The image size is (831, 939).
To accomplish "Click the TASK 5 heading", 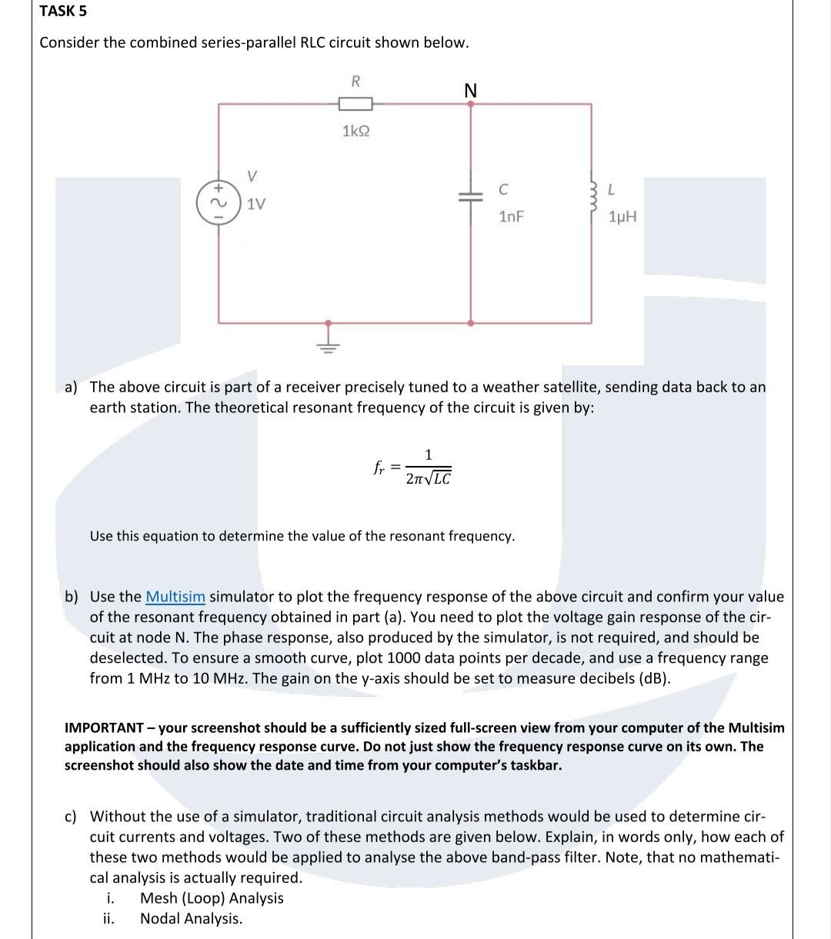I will pyautogui.click(x=63, y=11).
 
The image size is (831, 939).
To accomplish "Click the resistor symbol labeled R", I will pyautogui.click(x=355, y=104).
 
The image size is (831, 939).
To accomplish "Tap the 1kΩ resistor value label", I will pyautogui.click(x=355, y=132).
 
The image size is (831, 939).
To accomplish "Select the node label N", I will pyautogui.click(x=471, y=91).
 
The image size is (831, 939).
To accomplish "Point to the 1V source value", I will pyautogui.click(x=256, y=205).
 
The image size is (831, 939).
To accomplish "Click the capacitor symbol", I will pyautogui.click(x=471, y=197).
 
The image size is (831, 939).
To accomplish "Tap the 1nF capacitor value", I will pyautogui.click(x=511, y=217).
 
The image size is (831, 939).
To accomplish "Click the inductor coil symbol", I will pyautogui.click(x=592, y=199).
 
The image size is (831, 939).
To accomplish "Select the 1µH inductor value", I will pyautogui.click(x=622, y=217).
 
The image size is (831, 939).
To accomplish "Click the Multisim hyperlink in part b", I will pyautogui.click(x=175, y=597).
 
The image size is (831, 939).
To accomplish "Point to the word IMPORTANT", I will pyautogui.click(x=104, y=728).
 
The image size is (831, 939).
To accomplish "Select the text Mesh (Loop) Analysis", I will pyautogui.click(x=212, y=898).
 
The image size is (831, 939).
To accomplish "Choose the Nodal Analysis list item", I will pyautogui.click(x=191, y=918).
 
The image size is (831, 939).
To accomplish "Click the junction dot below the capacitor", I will pyautogui.click(x=471, y=323).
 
